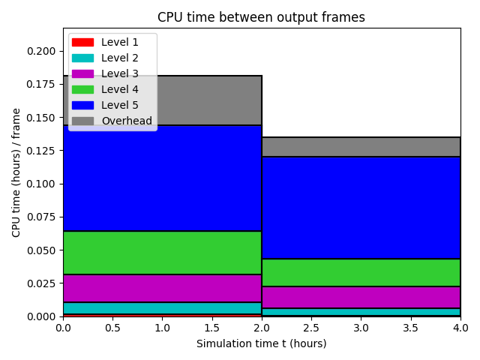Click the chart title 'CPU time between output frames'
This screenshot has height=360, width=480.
pos(261,17)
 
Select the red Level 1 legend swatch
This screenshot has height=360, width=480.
pos(82,42)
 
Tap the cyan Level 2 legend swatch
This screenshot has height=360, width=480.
pos(82,58)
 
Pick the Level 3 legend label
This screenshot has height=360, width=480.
pos(120,73)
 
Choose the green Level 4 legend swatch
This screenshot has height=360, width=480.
pos(82,90)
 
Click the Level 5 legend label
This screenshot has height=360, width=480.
pos(120,105)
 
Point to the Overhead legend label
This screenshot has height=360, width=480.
pos(127,121)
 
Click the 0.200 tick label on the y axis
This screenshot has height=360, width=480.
pos(41,51)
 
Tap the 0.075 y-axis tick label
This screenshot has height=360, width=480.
pos(41,217)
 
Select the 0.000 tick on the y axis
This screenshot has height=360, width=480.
pos(41,316)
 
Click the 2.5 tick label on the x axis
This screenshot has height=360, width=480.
pos(311,328)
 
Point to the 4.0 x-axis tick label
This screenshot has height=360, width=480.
pos(460,328)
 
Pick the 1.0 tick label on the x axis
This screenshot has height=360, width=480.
pos(162,328)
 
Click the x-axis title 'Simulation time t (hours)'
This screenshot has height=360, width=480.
pos(262,343)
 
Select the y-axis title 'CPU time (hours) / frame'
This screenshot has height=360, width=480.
pos(16,172)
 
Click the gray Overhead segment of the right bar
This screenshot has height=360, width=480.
pos(361,147)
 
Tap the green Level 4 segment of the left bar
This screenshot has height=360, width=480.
pos(162,253)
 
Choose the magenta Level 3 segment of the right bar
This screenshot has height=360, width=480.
pos(361,297)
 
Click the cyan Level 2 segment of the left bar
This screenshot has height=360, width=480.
pos(162,308)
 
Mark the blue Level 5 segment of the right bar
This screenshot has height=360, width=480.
pos(361,208)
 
